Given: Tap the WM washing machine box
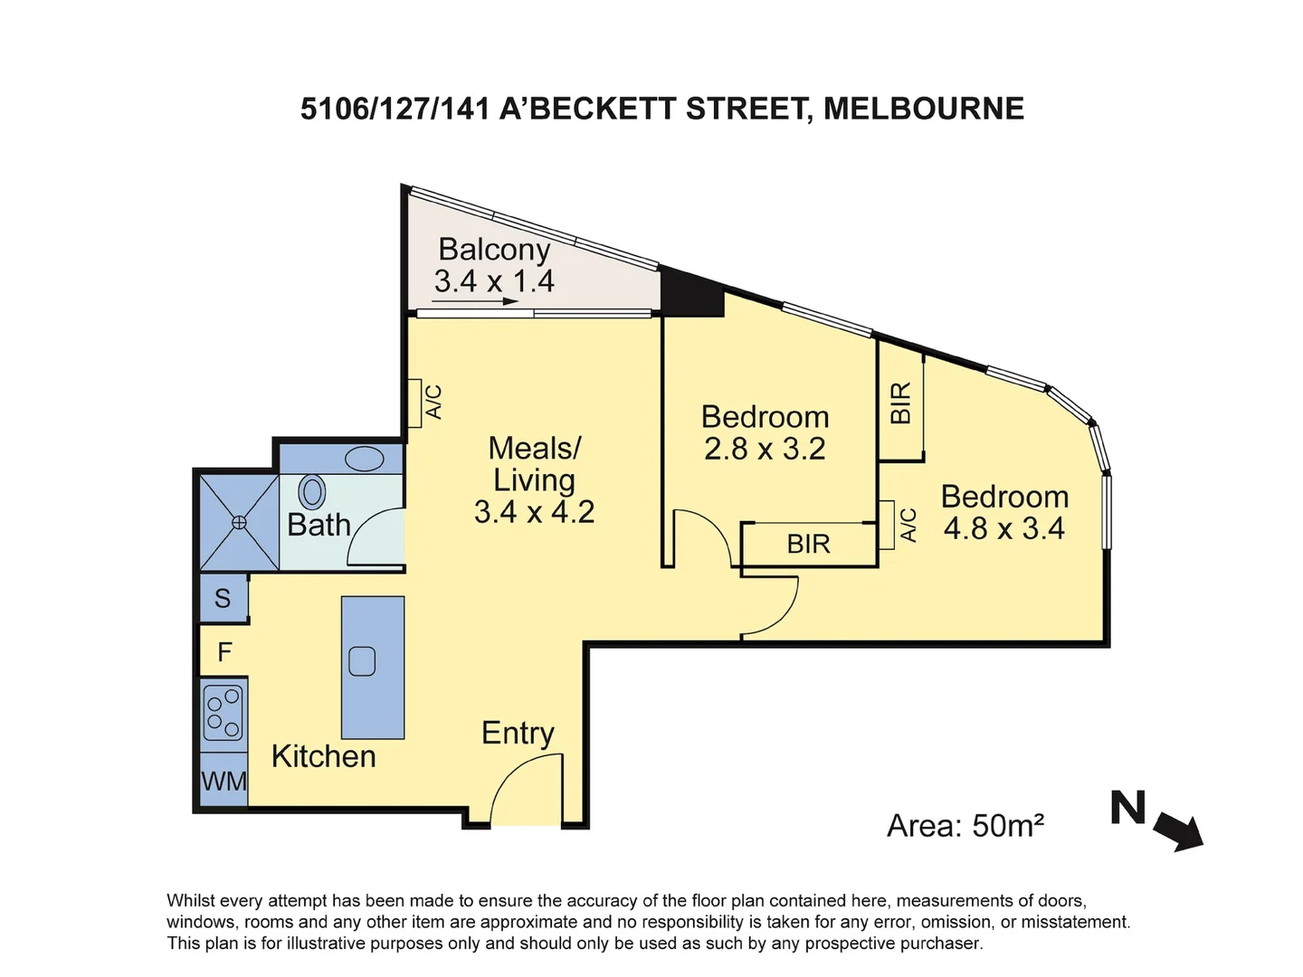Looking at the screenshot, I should (x=224, y=780).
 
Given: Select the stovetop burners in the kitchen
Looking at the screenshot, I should (x=224, y=713).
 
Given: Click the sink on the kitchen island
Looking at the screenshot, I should (x=362, y=661).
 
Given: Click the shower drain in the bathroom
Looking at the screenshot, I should (x=239, y=522).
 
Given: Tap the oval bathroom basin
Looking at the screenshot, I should (x=365, y=459).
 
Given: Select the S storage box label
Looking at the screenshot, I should (x=223, y=599).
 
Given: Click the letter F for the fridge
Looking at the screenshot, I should (x=224, y=651).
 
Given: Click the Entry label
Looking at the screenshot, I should (x=518, y=733).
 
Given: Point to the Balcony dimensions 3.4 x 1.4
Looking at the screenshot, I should (x=494, y=281).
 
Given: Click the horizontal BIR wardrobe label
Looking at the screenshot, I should (x=808, y=544).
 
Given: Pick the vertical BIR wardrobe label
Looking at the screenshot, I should (x=900, y=403).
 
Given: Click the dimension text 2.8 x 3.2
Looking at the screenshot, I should (x=765, y=449).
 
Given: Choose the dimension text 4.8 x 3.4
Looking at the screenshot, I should (x=1003, y=528).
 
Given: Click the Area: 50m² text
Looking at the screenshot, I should (x=965, y=826).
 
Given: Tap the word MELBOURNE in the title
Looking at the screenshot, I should (x=924, y=109).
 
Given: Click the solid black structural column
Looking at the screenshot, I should (x=692, y=293).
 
